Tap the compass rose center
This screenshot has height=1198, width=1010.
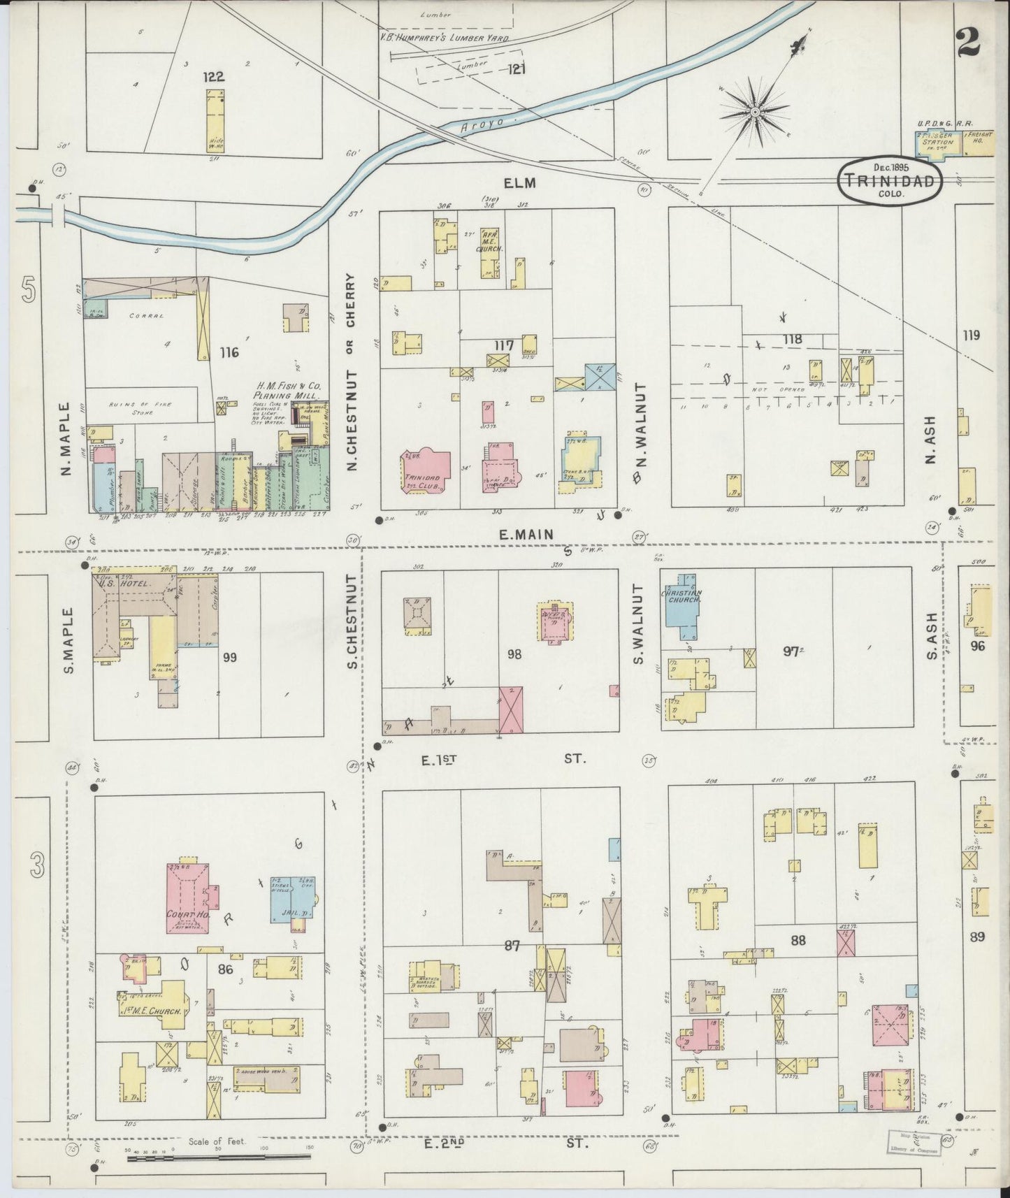click(x=755, y=112)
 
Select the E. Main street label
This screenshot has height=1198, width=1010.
click(x=526, y=534)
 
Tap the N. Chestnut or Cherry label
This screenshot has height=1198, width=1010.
click(x=351, y=371)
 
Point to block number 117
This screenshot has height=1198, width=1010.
click(x=503, y=345)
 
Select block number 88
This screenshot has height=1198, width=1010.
click(x=798, y=941)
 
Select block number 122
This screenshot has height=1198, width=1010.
click(x=212, y=77)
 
